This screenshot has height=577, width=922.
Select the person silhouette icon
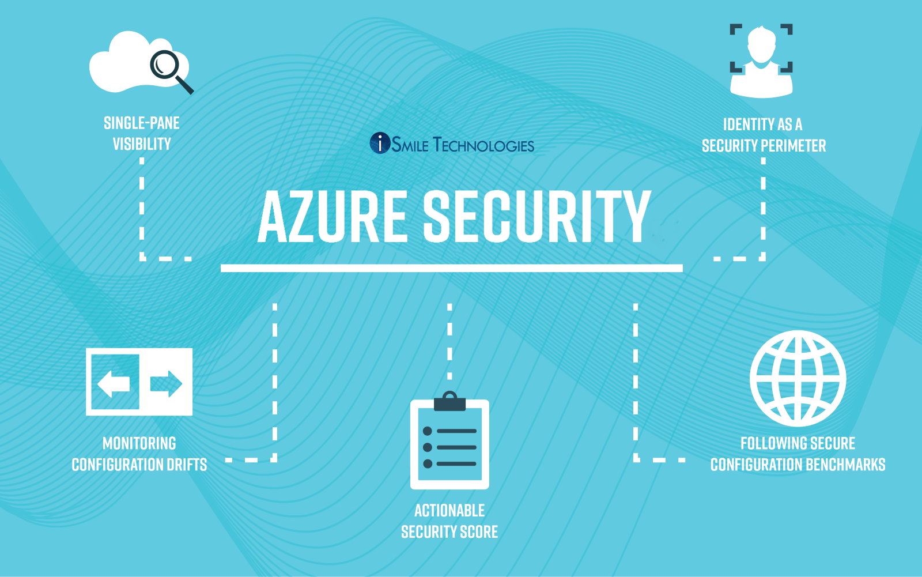[761, 61]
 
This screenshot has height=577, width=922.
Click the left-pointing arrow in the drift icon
[114, 383]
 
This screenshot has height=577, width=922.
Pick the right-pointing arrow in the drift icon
[166, 383]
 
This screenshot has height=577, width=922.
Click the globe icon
[798, 378]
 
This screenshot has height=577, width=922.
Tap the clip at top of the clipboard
[449, 401]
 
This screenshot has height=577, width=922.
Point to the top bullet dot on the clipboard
[428, 431]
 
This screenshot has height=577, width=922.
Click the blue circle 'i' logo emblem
[380, 143]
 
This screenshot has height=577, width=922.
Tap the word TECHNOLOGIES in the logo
[483, 145]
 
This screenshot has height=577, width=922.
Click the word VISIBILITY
[142, 144]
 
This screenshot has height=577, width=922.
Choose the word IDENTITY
[749, 125]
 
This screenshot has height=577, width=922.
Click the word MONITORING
[139, 443]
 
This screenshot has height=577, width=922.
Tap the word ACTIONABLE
[449, 511]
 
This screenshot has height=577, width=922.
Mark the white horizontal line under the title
[451, 268]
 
